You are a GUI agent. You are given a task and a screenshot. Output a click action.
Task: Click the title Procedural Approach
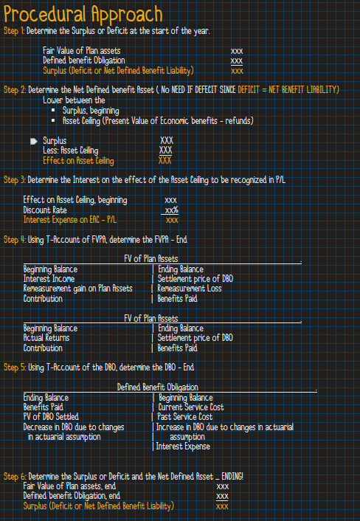(x=83, y=14)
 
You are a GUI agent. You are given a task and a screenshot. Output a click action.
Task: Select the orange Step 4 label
(x=14, y=240)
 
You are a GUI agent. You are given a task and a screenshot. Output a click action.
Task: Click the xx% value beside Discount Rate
(x=172, y=210)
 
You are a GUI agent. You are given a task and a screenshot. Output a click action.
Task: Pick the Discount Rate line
(x=45, y=210)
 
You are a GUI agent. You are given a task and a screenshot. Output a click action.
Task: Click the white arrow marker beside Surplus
(x=33, y=141)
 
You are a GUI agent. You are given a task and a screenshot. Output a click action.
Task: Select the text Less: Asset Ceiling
(x=70, y=151)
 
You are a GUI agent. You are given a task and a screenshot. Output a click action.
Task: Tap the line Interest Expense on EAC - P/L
(x=70, y=220)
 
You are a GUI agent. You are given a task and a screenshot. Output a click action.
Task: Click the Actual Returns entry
(x=46, y=338)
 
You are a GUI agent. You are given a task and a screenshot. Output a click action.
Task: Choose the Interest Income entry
(x=49, y=279)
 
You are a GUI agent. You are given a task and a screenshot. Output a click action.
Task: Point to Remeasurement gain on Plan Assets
(x=77, y=289)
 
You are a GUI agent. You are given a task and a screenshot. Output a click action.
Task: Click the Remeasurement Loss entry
(x=190, y=289)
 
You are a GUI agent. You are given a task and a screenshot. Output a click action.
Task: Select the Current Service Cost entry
(x=191, y=407)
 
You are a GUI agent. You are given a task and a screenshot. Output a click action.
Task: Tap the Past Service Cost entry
(x=185, y=417)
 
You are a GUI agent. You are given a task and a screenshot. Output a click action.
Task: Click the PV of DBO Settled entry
(x=51, y=417)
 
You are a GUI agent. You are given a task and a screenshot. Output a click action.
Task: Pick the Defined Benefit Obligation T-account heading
(x=158, y=387)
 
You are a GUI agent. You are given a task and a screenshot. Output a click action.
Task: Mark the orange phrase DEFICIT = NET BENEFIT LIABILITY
(x=288, y=90)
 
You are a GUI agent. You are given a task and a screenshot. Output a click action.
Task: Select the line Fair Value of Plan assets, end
(x=69, y=486)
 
